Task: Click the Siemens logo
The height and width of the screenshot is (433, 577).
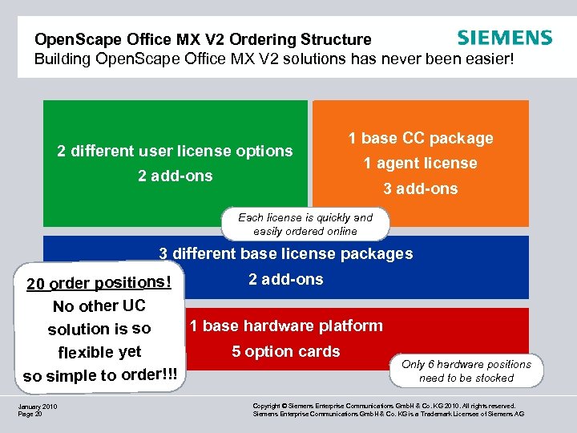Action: pyautogui.click(x=504, y=38)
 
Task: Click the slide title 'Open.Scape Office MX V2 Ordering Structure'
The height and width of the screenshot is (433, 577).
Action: pyautogui.click(x=203, y=39)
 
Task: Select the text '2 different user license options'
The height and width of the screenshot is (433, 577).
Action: pyautogui.click(x=175, y=151)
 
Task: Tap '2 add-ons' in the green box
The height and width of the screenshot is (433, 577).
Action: pyautogui.click(x=175, y=176)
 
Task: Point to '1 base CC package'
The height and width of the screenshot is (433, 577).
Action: pyautogui.click(x=421, y=138)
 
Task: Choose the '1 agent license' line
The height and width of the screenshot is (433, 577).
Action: pyautogui.click(x=421, y=164)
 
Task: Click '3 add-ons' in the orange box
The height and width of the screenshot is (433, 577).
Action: pyautogui.click(x=421, y=189)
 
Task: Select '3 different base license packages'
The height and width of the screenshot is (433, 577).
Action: pyautogui.click(x=286, y=254)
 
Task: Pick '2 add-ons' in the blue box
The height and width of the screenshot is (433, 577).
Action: pyautogui.click(x=286, y=279)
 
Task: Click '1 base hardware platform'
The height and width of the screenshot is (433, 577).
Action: pyautogui.click(x=286, y=326)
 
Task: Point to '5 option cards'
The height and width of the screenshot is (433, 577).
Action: pyautogui.click(x=286, y=351)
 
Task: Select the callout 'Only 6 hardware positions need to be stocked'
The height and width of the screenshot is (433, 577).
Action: pyautogui.click(x=466, y=370)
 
